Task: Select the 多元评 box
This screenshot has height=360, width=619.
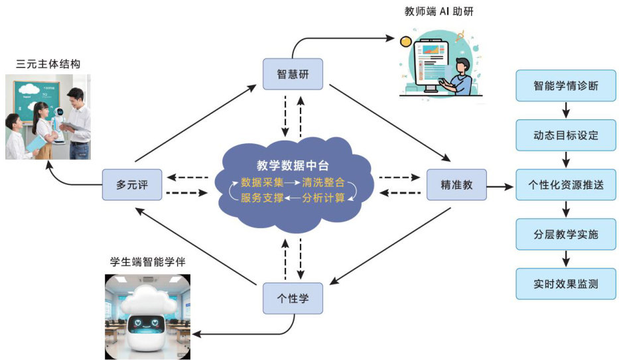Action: click(133, 185)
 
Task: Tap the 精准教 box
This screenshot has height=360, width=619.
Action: click(456, 185)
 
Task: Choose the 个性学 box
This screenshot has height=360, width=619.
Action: click(293, 298)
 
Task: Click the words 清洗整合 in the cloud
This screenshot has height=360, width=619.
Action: click(323, 182)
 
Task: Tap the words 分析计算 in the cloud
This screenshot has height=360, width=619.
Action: click(323, 198)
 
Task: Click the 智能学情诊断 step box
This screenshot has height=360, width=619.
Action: click(566, 86)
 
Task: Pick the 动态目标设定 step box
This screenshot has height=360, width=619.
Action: click(566, 136)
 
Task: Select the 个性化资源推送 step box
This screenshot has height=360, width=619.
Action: click(566, 185)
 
